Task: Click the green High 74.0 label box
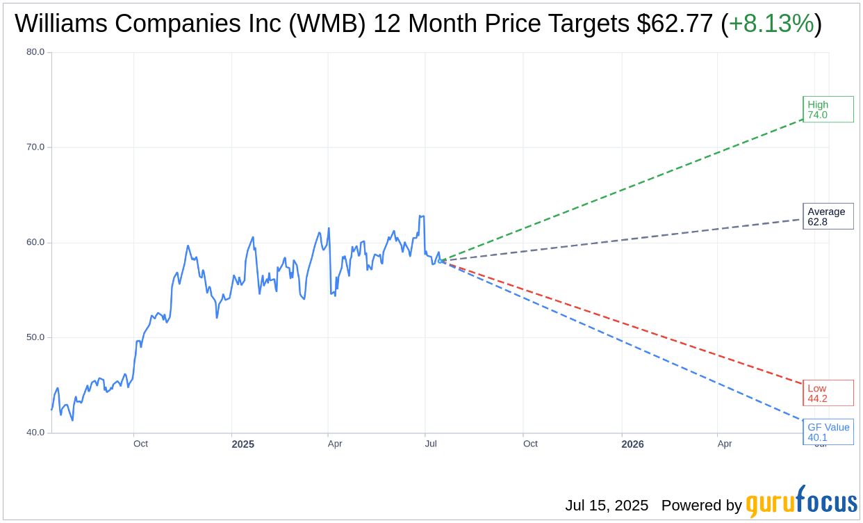[828, 109]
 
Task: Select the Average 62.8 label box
[828, 216]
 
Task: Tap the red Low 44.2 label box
[828, 393]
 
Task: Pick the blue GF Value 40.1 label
[828, 432]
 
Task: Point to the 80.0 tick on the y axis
[35, 52]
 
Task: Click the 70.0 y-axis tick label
[35, 147]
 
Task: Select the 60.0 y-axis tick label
[35, 243]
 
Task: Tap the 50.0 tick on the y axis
[35, 337]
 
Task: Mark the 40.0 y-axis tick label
[35, 433]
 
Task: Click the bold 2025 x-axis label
[243, 444]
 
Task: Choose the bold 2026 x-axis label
[632, 444]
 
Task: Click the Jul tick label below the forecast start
[431, 444]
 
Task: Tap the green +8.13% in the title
[771, 24]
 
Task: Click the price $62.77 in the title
[675, 24]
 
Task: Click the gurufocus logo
[801, 502]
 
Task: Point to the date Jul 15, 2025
[607, 506]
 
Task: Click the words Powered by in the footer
[701, 506]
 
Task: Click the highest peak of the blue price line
[420, 216]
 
